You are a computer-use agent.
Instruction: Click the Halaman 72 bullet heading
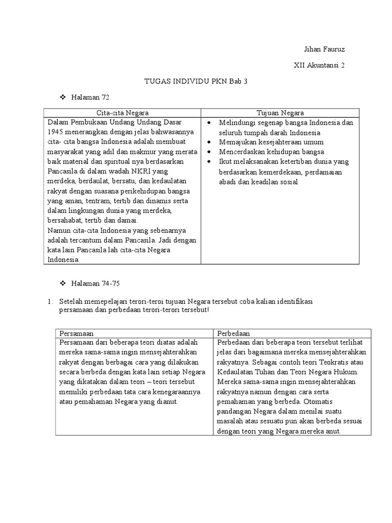92,97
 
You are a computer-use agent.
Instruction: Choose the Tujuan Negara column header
280,113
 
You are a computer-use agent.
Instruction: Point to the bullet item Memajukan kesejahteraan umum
271,142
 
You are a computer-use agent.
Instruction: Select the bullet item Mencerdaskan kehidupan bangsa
272,152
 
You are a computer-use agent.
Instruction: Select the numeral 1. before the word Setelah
50,301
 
